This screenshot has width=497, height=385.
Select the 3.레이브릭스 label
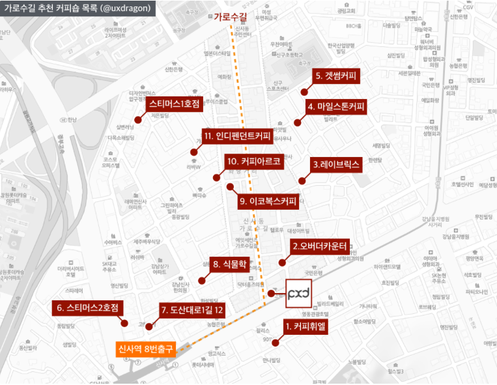[335, 165]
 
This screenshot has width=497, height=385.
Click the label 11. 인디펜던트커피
[236, 137]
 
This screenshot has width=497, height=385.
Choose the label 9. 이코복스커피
[268, 201]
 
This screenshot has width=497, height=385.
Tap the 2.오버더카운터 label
[320, 246]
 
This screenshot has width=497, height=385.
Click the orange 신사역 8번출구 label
[146, 349]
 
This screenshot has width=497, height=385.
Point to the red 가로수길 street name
[229, 17]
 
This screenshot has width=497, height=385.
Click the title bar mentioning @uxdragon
[77, 8]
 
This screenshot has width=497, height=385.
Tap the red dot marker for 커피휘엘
[276, 342]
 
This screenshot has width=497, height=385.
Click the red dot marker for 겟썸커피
[304, 92]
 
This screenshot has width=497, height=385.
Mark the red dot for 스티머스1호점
[139, 119]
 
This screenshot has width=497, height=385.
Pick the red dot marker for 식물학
[201, 280]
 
